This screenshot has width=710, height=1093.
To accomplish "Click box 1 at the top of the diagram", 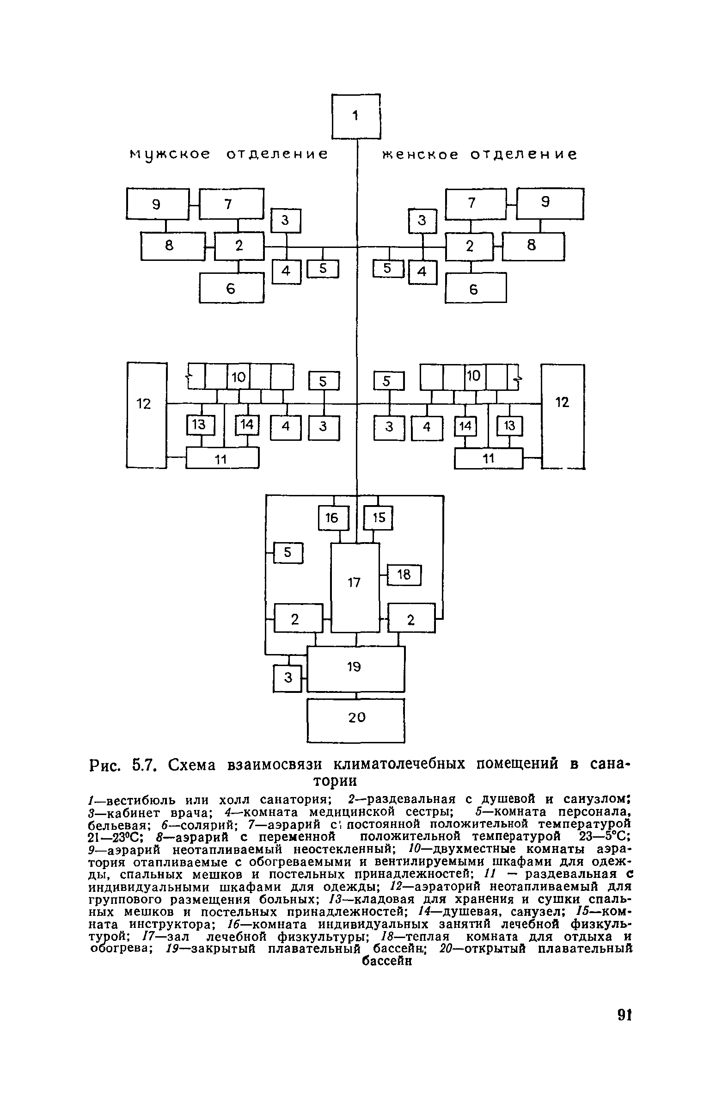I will click(356, 116).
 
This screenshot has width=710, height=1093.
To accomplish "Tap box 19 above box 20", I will click(356, 668).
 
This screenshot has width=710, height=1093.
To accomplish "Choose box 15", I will click(379, 518).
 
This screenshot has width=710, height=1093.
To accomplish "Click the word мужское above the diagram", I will click(169, 154).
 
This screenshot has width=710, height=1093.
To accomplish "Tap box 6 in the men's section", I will click(231, 288).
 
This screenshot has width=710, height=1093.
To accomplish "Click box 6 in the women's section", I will click(475, 288).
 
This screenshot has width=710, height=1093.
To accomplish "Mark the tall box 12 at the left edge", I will click(146, 415).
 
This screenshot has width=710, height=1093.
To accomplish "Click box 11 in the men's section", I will click(222, 459).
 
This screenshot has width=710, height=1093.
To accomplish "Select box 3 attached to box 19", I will click(288, 678).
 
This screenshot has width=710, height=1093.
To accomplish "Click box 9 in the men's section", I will click(157, 204).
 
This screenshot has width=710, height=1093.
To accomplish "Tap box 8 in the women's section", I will click(533, 246).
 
